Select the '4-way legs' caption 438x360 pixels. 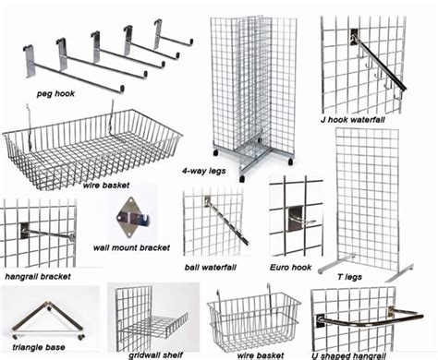click(206, 173)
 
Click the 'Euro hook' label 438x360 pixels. click(291, 267)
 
